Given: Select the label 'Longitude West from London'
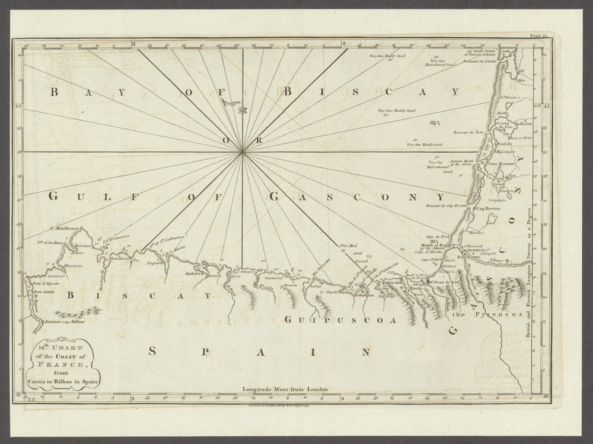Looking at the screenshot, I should pyautogui.click(x=285, y=391).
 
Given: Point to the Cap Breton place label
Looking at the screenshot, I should pyautogui.click(x=486, y=209).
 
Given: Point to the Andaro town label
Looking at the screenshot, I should pyautogui.click(x=193, y=274).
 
